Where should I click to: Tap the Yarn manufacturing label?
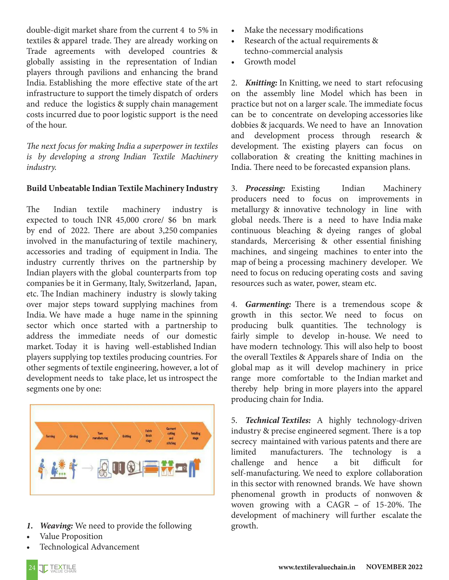point(100,436)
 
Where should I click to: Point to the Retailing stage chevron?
point(196,436)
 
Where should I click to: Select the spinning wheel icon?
point(132,468)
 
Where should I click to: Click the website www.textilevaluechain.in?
point(317,567)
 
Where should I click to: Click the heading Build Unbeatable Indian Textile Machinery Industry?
point(122,188)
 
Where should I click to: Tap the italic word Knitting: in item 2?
point(261,83)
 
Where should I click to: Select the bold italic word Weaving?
point(56,526)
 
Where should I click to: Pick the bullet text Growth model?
point(270,62)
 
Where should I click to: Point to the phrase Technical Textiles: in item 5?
point(278,420)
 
